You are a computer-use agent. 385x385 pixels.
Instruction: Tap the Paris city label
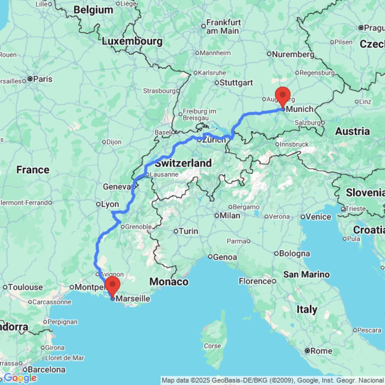coord(42,79)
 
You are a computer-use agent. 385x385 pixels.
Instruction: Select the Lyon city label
coord(110,204)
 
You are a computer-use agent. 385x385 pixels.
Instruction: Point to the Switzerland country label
coord(183,163)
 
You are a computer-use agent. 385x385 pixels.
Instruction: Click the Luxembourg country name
coord(132,41)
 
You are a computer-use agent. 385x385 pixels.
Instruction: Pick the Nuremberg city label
coord(293,54)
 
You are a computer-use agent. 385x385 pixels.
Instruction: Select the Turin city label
coord(189,231)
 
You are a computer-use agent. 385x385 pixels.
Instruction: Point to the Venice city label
coord(318,217)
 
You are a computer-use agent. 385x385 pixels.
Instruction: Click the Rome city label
coord(321,351)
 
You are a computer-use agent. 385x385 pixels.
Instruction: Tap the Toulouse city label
coord(25,287)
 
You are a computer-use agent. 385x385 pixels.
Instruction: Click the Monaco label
coord(169,282)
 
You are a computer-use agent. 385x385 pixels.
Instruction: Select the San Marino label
coord(306,275)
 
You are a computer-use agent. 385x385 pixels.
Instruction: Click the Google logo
coord(20,378)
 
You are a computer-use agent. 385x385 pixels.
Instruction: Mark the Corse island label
coord(213,346)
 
